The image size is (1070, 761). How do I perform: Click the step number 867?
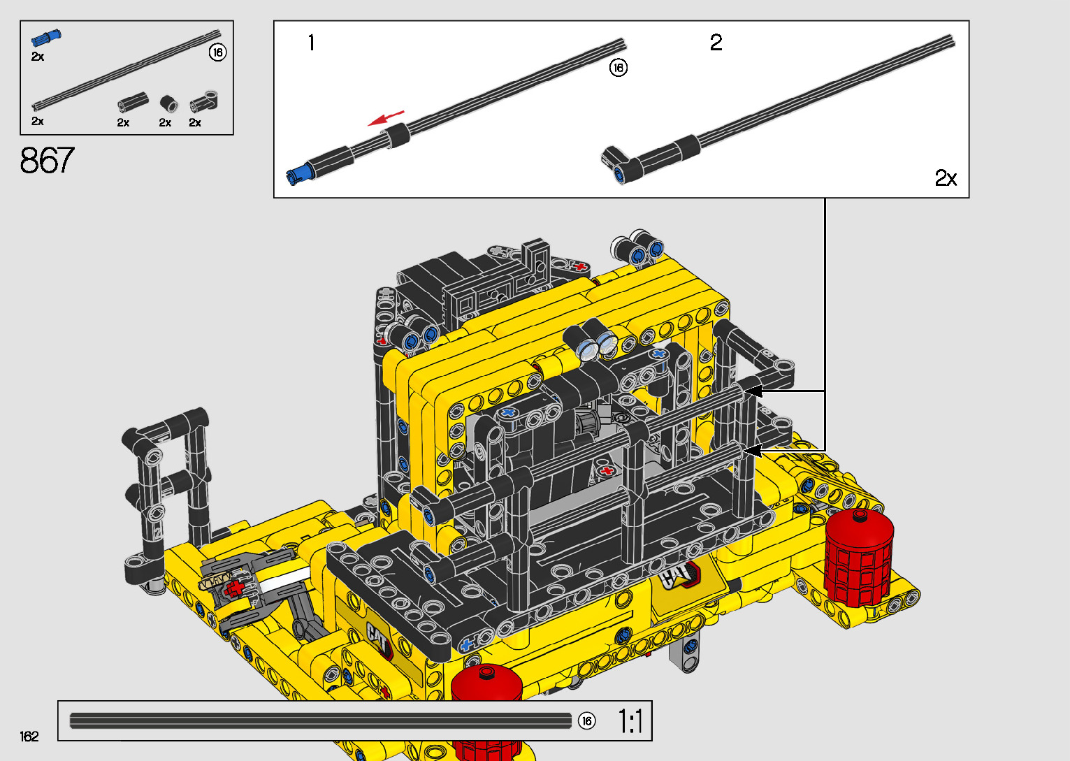pyautogui.click(x=48, y=160)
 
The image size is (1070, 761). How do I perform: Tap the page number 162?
pyautogui.click(x=29, y=736)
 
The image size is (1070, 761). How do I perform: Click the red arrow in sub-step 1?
pyautogui.click(x=386, y=118)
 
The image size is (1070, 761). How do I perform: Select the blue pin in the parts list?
pyautogui.click(x=46, y=37)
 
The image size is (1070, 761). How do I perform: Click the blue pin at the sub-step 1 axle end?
pyautogui.click(x=298, y=175)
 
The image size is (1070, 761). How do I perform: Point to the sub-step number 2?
pyautogui.click(x=716, y=43)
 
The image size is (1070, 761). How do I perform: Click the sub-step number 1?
pyautogui.click(x=312, y=43)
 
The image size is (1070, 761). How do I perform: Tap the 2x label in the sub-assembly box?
pyautogui.click(x=946, y=178)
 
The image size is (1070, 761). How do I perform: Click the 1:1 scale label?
pyautogui.click(x=630, y=721)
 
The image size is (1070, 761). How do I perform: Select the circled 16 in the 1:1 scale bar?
pyautogui.click(x=586, y=721)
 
